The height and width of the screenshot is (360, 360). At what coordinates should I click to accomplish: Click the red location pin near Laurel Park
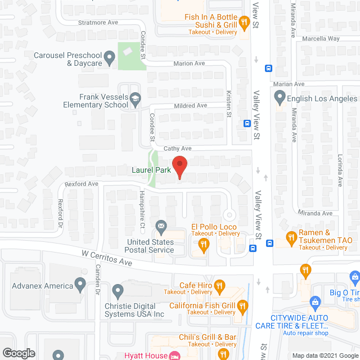179,166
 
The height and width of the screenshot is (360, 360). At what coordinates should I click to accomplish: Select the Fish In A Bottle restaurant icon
244,22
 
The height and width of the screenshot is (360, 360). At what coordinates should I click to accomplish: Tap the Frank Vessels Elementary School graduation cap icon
135,101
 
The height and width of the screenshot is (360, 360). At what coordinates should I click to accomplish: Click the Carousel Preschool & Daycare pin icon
110,57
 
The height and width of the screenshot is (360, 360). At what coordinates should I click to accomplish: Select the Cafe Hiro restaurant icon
219,285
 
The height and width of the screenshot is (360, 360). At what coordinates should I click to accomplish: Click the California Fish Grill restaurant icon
243,307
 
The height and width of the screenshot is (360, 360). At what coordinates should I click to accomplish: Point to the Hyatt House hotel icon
174,355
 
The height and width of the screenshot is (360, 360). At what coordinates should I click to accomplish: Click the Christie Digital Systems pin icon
118,291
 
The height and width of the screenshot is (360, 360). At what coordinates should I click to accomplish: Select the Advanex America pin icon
83,285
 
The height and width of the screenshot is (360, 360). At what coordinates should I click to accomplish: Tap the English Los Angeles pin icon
280,98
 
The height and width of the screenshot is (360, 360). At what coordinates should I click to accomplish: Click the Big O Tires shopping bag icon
354,277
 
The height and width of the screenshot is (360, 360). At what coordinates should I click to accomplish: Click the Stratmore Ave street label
97,22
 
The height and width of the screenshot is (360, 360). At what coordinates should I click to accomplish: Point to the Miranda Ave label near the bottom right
316,213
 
